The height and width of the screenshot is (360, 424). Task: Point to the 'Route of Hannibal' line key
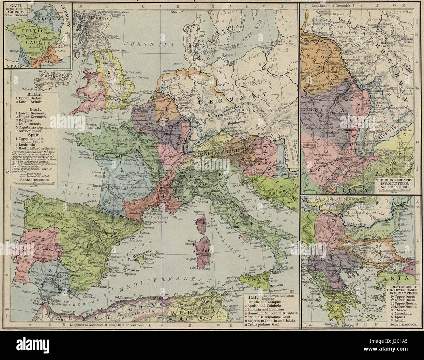click(33, 175)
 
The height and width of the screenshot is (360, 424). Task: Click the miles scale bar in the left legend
click(34, 183)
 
